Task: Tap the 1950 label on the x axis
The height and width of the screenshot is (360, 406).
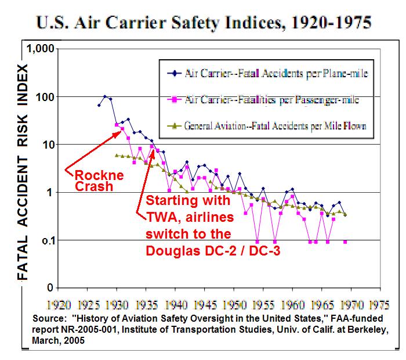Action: tap(235, 304)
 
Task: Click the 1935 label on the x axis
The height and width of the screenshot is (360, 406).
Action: tap(147, 304)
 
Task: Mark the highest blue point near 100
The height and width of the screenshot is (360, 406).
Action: tap(104, 96)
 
